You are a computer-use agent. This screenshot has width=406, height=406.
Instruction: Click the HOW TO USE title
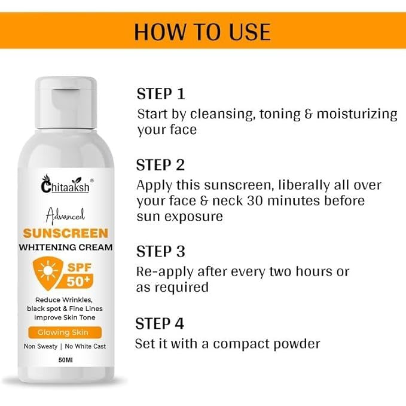(x=202, y=32)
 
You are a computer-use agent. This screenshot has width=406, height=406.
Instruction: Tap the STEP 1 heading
(x=161, y=94)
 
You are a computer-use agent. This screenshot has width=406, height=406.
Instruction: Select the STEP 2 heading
(x=160, y=165)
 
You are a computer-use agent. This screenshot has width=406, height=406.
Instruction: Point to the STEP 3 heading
(x=161, y=251)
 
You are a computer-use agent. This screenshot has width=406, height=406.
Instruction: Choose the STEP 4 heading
(x=160, y=323)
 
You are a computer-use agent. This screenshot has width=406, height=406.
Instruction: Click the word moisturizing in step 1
(x=357, y=114)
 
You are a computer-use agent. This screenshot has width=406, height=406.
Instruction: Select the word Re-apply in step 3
(x=165, y=272)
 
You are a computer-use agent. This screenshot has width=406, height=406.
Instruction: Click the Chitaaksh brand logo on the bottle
(x=66, y=184)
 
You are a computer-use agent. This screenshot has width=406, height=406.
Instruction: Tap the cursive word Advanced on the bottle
(x=65, y=216)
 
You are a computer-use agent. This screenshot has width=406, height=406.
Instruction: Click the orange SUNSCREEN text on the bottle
(x=66, y=233)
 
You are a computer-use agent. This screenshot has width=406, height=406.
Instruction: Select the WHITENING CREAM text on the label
(x=66, y=248)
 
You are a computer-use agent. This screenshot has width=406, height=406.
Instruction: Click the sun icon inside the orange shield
(x=48, y=271)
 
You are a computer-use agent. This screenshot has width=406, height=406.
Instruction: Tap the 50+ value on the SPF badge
(x=78, y=282)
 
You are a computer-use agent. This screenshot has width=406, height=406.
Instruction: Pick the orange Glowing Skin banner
(x=65, y=332)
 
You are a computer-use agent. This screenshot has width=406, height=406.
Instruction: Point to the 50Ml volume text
(x=66, y=360)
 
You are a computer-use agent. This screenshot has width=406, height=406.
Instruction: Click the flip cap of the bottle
(x=66, y=102)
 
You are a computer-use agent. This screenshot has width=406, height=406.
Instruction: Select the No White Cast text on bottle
(x=85, y=346)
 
